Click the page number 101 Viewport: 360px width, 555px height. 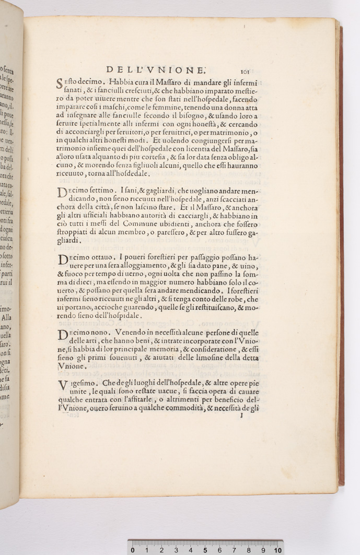[247, 72]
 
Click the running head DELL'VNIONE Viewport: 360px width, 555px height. [156, 69]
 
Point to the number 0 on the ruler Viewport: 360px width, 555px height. [133, 550]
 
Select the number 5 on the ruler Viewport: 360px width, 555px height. [205, 550]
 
